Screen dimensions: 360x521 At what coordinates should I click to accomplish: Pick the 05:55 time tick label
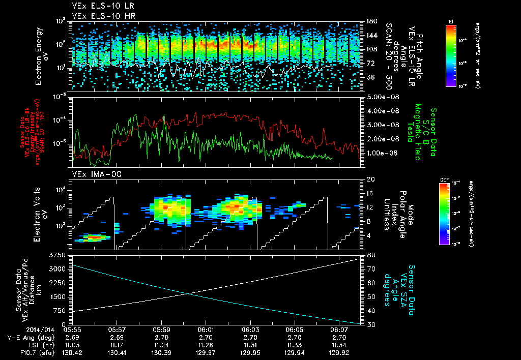pyautogui.click(x=72, y=329)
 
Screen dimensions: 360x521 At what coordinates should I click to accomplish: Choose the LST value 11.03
pyautogui.click(x=72, y=344)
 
